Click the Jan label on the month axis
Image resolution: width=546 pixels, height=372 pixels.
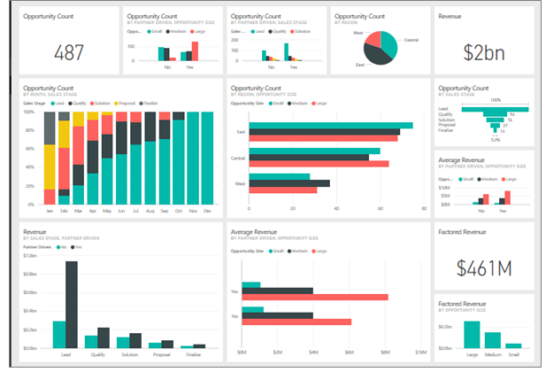tap(50, 212)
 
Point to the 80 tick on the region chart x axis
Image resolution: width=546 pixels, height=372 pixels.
tap(424, 209)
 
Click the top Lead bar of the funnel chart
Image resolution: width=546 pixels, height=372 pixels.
tap(485, 108)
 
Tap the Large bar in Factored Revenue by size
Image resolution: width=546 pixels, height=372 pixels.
tap(472, 335)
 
